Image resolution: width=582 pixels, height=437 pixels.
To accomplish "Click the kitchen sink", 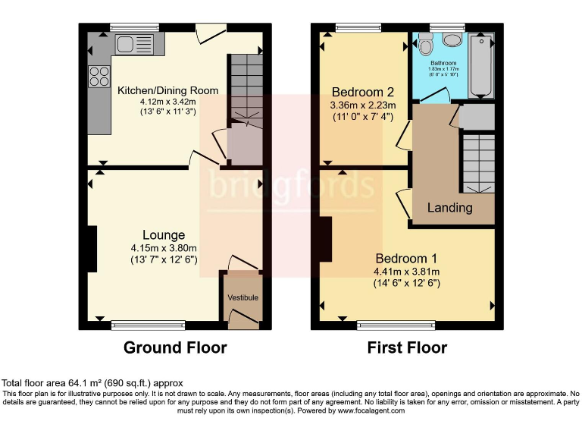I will point(134,43).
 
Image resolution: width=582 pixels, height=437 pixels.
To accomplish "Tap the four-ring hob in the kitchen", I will point(99,76).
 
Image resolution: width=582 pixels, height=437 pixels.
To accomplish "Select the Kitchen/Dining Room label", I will point(167,90).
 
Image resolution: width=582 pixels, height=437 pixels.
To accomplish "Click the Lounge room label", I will point(164,235).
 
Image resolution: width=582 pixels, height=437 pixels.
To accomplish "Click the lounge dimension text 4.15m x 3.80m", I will point(164,248).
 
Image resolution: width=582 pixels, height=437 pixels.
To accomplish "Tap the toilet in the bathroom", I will point(453,41).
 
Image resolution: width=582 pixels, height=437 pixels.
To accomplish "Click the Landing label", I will point(450,207).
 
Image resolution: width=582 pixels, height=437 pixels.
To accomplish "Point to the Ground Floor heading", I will point(175,348).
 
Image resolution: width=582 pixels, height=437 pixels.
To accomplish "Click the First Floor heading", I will point(407,348).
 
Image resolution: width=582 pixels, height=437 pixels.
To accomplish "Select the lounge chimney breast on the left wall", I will point(92,249).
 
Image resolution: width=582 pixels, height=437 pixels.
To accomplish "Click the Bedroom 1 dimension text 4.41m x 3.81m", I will point(407,272).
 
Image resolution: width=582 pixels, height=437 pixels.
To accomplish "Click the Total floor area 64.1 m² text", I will point(92,384).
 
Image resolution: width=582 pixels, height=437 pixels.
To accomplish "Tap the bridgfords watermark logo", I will point(291,186).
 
